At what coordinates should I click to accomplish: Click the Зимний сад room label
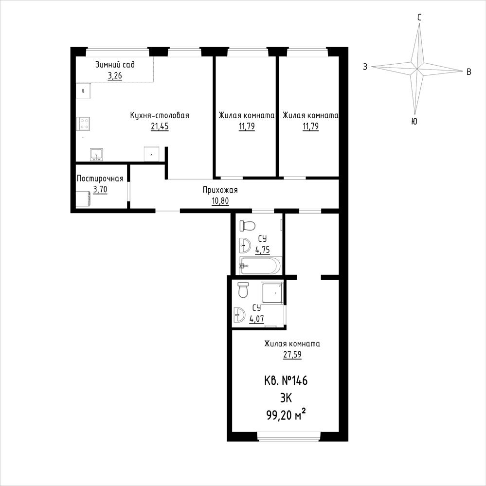[x=115, y=65]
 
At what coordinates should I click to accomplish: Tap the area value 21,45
[x=160, y=126]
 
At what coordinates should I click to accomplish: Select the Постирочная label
[x=100, y=179]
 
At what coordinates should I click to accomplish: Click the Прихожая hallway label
[x=220, y=190]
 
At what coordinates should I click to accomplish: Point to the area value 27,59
[x=292, y=354]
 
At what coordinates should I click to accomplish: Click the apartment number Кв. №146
[x=286, y=380]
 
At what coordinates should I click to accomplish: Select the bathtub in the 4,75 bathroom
[x=261, y=266]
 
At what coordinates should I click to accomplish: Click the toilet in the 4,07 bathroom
[x=243, y=290]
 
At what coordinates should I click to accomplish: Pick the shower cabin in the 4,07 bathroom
[x=272, y=292]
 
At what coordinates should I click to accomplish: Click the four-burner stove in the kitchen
[x=83, y=124]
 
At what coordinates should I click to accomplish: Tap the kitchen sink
[x=96, y=155]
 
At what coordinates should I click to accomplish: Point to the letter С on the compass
[x=419, y=18]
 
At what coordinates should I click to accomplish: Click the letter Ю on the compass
[x=414, y=121]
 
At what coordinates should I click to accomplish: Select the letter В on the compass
[x=469, y=72]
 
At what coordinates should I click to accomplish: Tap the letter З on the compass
[x=365, y=67]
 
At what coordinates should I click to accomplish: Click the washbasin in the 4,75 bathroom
[x=245, y=246]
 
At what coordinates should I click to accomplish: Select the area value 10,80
[x=220, y=201]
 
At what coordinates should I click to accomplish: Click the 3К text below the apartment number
[x=286, y=397]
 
